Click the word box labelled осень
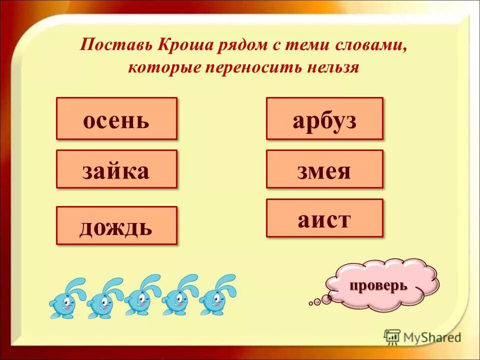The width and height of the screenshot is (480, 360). [x=116, y=118]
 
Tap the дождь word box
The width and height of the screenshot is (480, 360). [x=116, y=225]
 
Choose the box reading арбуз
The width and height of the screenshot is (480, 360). [x=324, y=118]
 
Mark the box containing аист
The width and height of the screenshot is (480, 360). [x=324, y=218]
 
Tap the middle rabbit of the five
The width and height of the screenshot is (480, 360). [x=140, y=297]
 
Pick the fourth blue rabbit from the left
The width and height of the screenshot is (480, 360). [x=178, y=297]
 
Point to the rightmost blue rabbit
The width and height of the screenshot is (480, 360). [x=215, y=297]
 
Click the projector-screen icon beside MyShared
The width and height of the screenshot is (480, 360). [x=392, y=337]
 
